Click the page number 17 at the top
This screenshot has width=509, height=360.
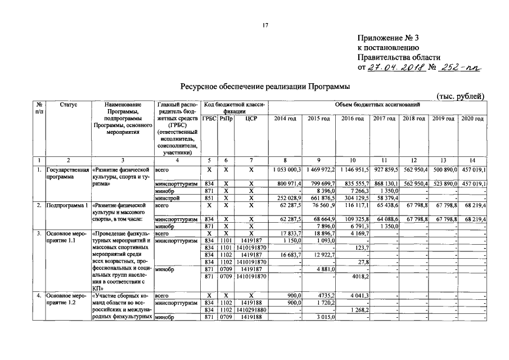coord(265,25)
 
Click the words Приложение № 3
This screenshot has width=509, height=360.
coord(388,38)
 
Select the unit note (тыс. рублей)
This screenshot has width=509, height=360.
coord(460,96)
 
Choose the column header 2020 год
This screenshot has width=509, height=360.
coord(472,119)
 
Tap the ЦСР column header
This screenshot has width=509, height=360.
coord(251,119)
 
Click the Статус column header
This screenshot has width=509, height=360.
coord(67,105)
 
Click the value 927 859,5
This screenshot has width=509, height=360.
coord(386,169)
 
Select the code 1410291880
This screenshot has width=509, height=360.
coord(251,310)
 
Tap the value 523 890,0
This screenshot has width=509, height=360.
coord(444,184)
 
